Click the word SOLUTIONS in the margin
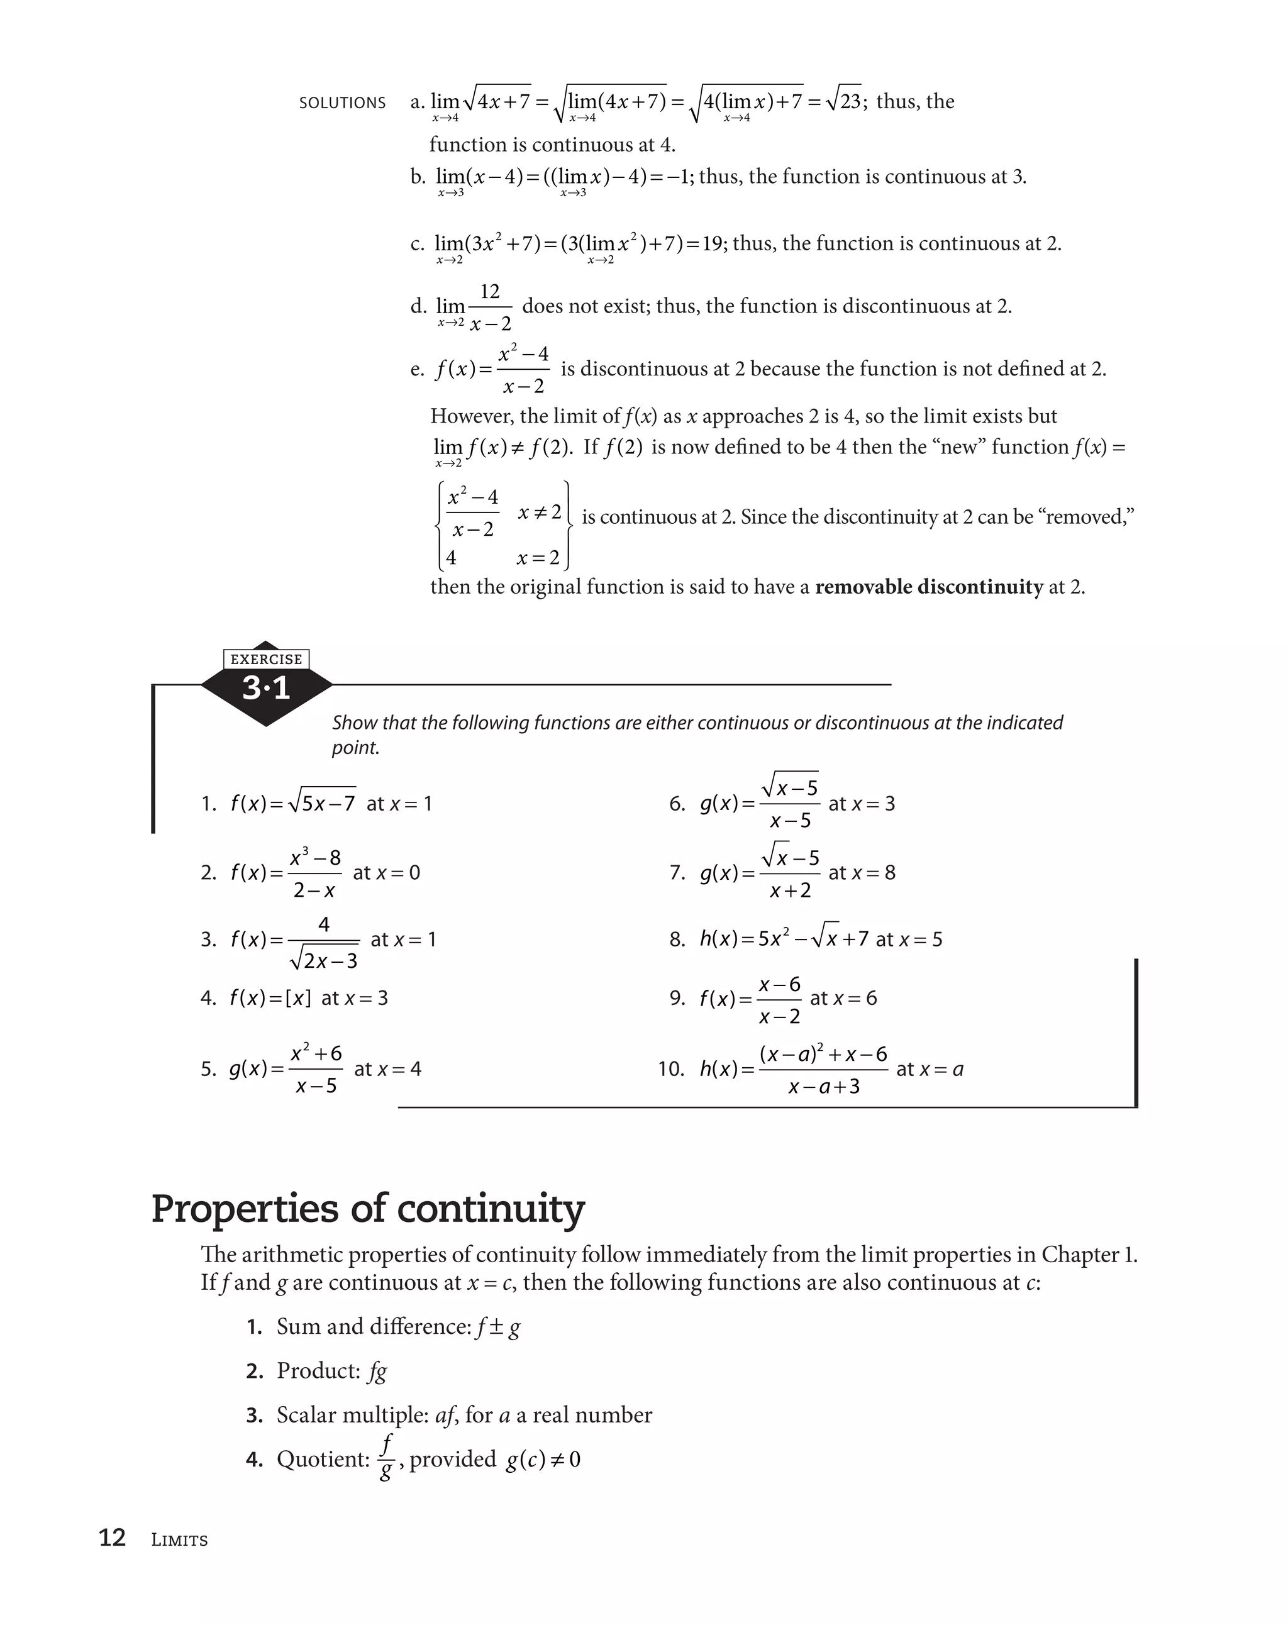tap(341, 103)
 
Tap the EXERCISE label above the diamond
tap(266, 659)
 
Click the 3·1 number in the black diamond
tap(266, 688)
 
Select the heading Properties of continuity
tap(368, 1207)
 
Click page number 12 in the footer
tap(113, 1538)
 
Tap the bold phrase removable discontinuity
tap(928, 586)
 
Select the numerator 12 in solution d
tap(489, 292)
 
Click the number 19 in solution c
tap(712, 243)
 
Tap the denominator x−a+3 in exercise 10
tap(823, 1086)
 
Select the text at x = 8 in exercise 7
tap(862, 873)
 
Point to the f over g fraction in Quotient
tap(387, 1458)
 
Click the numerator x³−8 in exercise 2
tap(315, 858)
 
